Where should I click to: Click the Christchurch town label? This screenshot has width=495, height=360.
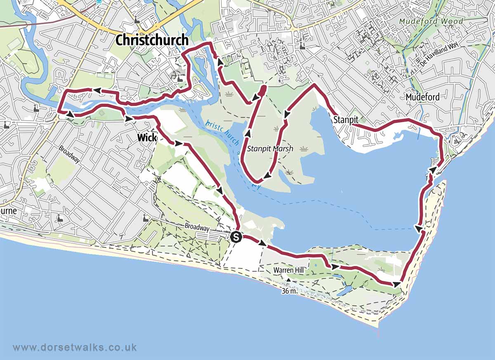[x=152, y=40]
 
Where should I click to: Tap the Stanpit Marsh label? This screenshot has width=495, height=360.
[x=270, y=149]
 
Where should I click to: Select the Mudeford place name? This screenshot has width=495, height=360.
[x=422, y=97]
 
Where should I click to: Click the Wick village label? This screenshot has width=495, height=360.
[x=147, y=137]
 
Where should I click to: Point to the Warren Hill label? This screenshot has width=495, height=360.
[x=288, y=270]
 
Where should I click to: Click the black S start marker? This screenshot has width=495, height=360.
[x=236, y=237]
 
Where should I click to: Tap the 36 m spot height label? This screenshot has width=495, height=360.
[x=289, y=291]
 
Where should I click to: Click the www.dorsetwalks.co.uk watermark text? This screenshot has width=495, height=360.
[x=75, y=348]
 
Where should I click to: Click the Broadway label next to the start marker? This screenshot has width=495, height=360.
[x=197, y=227]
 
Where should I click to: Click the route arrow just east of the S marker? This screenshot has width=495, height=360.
[x=262, y=243]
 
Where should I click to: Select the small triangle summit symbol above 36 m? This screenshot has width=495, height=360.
[x=289, y=280]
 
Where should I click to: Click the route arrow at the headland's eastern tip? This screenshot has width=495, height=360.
[x=397, y=284]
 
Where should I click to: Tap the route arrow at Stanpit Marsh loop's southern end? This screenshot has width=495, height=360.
[x=267, y=176]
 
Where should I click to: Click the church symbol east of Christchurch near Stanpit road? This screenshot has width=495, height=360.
[x=303, y=45]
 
